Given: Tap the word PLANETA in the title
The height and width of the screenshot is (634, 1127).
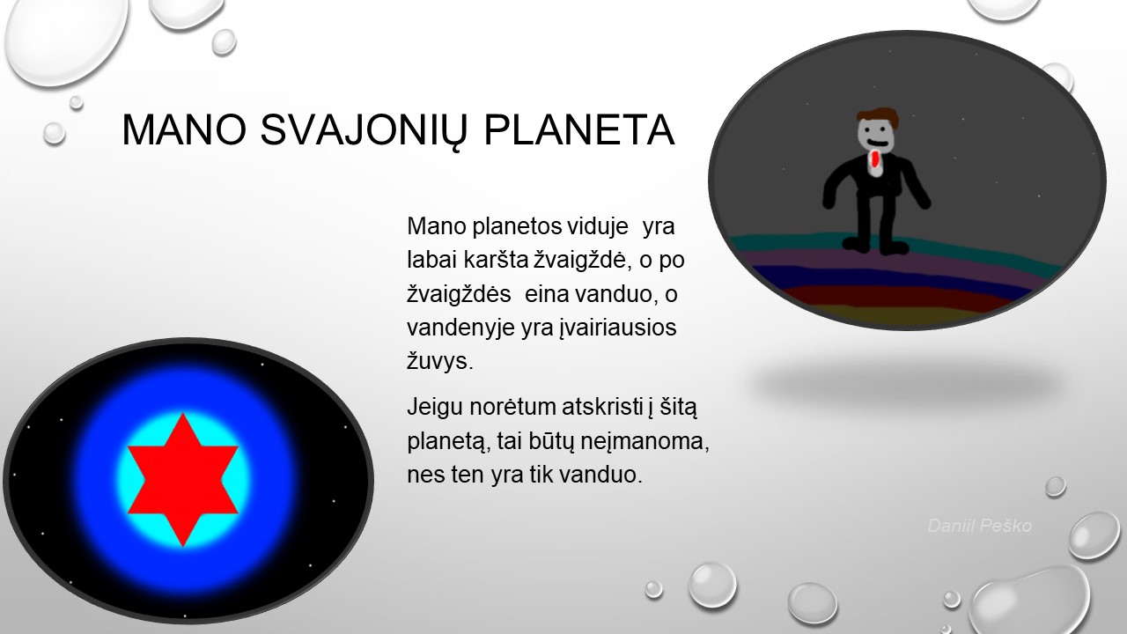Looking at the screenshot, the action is point(578,129).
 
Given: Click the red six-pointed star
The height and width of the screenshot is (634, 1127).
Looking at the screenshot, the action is point(182,480).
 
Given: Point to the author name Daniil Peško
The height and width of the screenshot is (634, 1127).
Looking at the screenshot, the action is point(980,526).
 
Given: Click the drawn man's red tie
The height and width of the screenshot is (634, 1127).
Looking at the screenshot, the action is point(875,159).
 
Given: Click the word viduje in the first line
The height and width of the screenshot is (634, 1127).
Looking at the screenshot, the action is point(598,226).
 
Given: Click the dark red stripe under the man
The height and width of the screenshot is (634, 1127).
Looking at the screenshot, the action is point(895,296).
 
